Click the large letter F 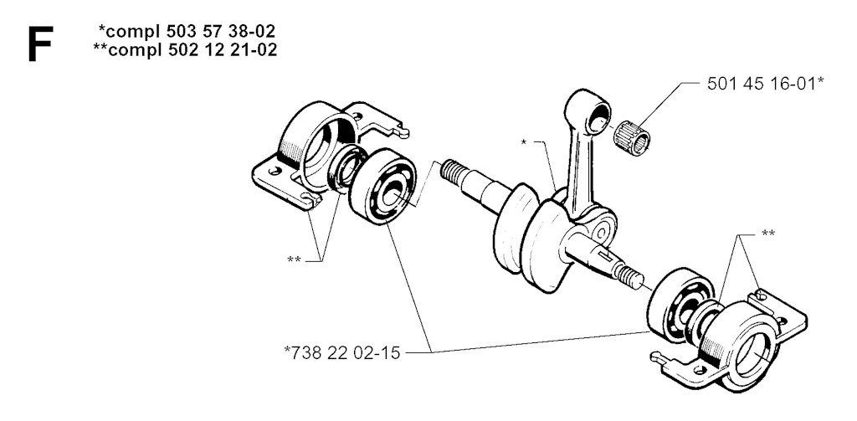pyautogui.click(x=40, y=44)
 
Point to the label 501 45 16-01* pyautogui.click(x=765, y=84)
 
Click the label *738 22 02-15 pyautogui.click(x=342, y=352)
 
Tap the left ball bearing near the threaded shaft pyautogui.click(x=382, y=186)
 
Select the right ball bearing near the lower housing pyautogui.click(x=680, y=304)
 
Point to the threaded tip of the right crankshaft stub pyautogui.click(x=631, y=275)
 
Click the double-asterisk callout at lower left pyautogui.click(x=294, y=259)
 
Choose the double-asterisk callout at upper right pyautogui.click(x=768, y=234)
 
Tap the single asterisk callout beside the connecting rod pyautogui.click(x=524, y=142)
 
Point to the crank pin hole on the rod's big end pyautogui.click(x=601, y=234)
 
